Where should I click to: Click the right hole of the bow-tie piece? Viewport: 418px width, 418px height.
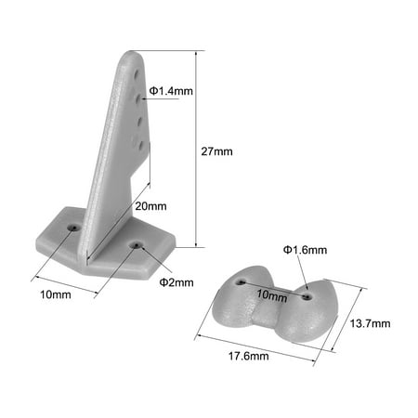pos(307,298)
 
